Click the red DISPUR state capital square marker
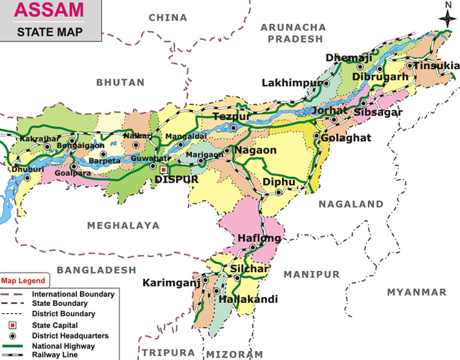163,169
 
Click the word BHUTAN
120,82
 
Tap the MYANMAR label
417,292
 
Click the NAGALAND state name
351,204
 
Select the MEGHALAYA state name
123,225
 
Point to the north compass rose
447,18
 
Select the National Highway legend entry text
63,346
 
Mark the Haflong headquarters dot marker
253,247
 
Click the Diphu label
279,182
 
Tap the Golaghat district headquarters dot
316,136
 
